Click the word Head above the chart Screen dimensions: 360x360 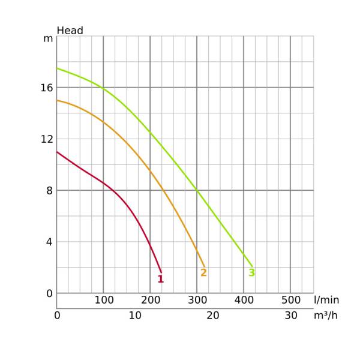[70, 31]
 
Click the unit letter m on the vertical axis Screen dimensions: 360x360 [49, 38]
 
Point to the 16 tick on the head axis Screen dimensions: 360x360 [47, 88]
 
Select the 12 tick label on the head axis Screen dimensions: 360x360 [47, 139]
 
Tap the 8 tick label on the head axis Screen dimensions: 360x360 [50, 191]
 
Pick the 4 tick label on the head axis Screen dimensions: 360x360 [50, 242]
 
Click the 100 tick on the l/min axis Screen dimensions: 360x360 [104, 299]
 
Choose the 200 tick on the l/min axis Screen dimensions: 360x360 [150, 299]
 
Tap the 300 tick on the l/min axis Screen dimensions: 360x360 [197, 299]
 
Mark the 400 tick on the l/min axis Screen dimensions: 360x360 [244, 299]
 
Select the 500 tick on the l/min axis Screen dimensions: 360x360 [290, 299]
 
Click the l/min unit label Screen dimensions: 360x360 [326, 299]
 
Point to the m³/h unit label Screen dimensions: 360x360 [326, 316]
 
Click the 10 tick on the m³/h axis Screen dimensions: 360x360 [135, 316]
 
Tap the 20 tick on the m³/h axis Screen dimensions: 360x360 [213, 316]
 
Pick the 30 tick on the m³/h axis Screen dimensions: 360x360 [291, 316]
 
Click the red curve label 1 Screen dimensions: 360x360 [160, 279]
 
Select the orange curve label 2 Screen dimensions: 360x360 [203, 272]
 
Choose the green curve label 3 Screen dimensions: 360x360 [251, 272]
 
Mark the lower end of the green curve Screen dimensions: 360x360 [253, 266]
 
